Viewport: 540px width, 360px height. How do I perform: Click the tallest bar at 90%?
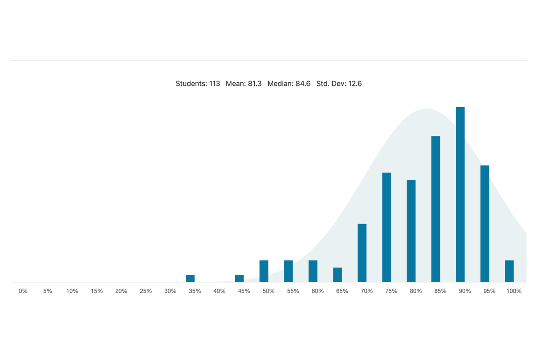pos(460,194)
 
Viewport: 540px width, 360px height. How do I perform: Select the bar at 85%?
pos(436,209)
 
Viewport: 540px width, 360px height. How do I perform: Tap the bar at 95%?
pos(485,224)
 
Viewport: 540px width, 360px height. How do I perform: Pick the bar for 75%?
pos(387,227)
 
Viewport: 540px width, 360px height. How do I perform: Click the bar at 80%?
pos(411,231)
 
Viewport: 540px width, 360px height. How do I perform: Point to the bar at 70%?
pos(362,253)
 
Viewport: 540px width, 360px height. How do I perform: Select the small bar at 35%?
pos(190,279)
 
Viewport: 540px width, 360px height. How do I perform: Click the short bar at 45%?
pos(239,279)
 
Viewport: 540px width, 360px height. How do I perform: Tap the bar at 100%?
pos(509,271)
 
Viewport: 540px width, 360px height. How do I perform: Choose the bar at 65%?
pos(337,275)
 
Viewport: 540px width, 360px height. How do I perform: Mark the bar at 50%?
pos(264,271)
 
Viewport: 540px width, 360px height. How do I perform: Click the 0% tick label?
pos(23,291)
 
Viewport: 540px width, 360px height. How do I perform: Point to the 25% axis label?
pos(146,291)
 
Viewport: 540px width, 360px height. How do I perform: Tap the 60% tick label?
pos(317,291)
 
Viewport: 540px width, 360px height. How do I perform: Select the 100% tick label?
pos(513,291)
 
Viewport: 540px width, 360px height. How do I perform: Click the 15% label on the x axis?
pos(97,291)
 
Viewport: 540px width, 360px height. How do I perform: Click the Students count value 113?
pos(215,84)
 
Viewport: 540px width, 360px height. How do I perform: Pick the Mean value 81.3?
pos(255,84)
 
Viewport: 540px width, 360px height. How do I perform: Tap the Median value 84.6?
pos(303,84)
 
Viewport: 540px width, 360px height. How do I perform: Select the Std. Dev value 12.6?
pos(354,84)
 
